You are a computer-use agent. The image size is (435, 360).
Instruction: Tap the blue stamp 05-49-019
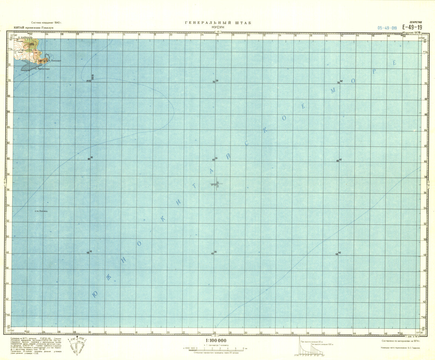coord(387,28)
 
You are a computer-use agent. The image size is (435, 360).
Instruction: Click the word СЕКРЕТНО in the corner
coord(415,22)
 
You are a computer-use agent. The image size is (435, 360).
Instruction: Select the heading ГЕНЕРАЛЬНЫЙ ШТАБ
coord(218,23)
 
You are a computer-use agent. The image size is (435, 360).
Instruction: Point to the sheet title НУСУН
coord(217,27)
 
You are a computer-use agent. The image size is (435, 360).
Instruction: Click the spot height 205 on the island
coord(32,44)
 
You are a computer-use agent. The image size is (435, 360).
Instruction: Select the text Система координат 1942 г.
coord(46,23)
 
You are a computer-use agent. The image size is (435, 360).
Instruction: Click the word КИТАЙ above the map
coord(18,28)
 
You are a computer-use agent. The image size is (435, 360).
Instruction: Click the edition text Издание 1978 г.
coord(411,32)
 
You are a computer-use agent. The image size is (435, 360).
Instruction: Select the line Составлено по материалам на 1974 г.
coord(399,341)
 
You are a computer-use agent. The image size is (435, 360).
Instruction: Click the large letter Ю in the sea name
coord(94,295)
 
